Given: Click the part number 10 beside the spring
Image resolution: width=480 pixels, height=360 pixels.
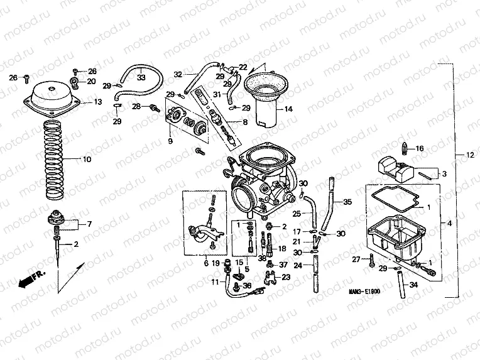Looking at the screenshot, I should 87,160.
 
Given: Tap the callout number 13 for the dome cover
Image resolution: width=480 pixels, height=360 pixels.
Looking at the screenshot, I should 98,102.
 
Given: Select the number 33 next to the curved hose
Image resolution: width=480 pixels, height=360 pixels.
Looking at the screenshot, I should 141,78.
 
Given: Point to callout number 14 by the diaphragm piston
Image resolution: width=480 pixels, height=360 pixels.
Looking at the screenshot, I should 288,109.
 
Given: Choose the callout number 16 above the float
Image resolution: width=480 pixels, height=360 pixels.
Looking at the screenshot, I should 420,149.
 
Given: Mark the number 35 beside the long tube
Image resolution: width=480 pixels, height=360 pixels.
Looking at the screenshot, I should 347,202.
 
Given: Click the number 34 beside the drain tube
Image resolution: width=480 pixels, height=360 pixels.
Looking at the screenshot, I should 412,285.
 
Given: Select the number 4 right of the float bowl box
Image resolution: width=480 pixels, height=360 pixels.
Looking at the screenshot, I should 449,223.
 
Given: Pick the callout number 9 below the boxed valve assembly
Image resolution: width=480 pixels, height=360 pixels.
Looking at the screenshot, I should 169,141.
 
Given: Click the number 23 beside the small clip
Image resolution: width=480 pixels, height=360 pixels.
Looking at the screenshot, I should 286,277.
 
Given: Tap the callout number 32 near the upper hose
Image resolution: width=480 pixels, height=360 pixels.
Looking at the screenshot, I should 178,74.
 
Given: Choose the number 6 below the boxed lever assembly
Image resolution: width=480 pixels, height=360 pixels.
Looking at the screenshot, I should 205,263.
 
